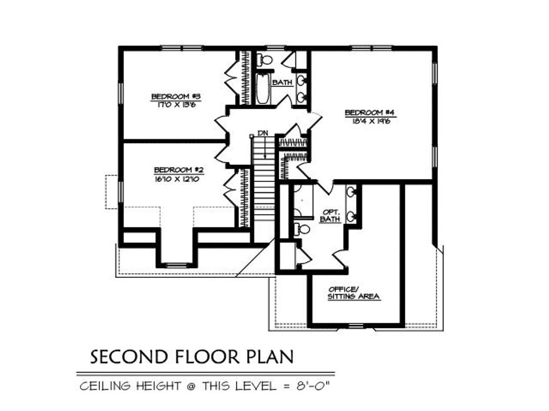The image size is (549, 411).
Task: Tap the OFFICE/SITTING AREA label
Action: [x=354, y=292]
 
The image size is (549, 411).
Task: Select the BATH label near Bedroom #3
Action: [x=282, y=82]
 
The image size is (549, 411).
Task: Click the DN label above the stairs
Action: [x=263, y=133]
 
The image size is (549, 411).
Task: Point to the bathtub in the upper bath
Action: [x=263, y=88]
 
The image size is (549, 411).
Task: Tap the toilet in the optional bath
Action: [x=303, y=230]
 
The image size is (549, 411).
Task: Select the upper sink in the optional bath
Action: [x=351, y=193]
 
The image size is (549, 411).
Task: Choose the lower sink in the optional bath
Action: [x=351, y=217]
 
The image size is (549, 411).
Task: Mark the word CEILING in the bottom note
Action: [x=102, y=386]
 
